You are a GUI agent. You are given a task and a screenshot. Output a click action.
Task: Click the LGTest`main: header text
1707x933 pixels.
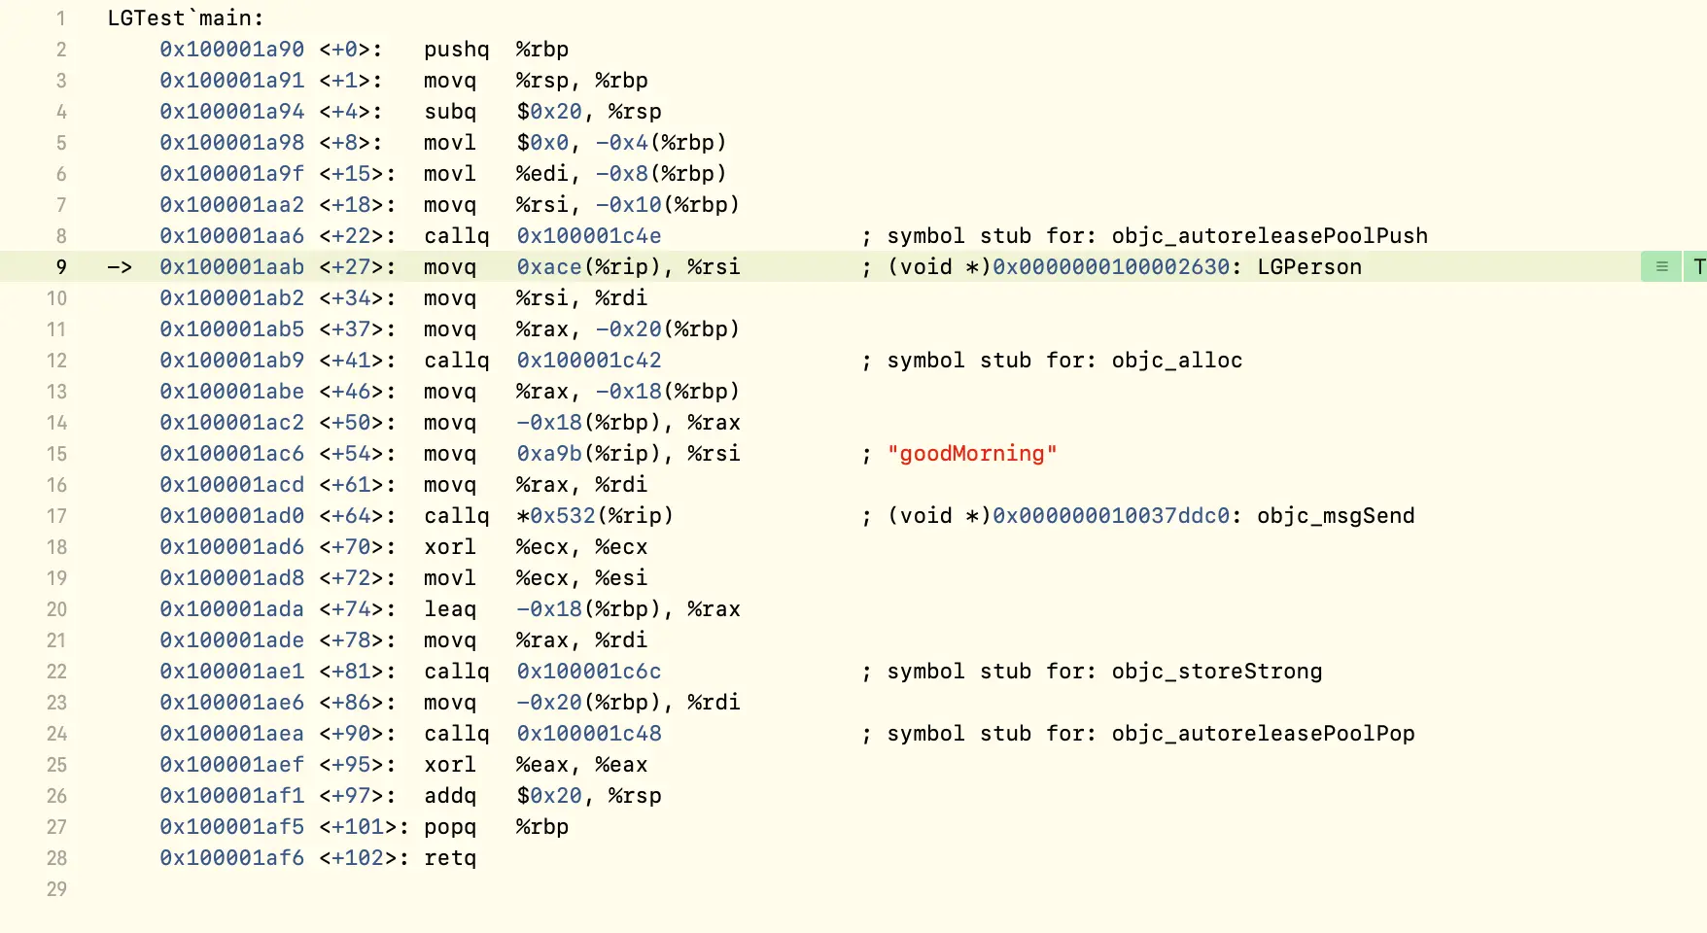coord(185,18)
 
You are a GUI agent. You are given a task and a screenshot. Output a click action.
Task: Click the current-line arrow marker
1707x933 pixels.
coord(120,267)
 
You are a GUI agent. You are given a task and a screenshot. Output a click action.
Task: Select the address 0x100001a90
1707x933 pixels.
coord(231,50)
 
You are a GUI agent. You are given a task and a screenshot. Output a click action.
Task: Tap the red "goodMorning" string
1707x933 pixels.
coord(971,454)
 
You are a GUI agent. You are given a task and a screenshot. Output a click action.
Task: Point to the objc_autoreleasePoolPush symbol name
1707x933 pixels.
coord(1270,236)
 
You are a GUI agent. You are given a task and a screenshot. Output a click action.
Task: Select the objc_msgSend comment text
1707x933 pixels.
coord(1335,516)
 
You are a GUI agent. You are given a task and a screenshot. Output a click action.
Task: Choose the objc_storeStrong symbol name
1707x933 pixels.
coord(1216,672)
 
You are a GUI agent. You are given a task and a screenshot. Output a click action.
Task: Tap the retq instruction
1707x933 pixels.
coord(450,858)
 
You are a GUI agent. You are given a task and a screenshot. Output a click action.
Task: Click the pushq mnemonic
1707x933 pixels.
coord(456,50)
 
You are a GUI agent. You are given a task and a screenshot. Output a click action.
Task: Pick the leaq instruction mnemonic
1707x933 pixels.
coord(450,609)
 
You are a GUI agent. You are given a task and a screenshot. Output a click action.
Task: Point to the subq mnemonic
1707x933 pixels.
coord(450,112)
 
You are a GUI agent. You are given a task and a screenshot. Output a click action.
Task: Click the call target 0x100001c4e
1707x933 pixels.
coord(588,236)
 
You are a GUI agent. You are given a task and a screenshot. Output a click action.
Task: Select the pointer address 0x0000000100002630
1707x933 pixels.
coord(1110,267)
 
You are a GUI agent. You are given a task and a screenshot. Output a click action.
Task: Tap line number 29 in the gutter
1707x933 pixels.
coord(56,889)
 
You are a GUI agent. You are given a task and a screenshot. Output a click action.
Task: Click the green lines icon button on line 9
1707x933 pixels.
coord(1661,266)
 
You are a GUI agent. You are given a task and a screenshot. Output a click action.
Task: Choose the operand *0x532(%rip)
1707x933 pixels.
coord(594,516)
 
